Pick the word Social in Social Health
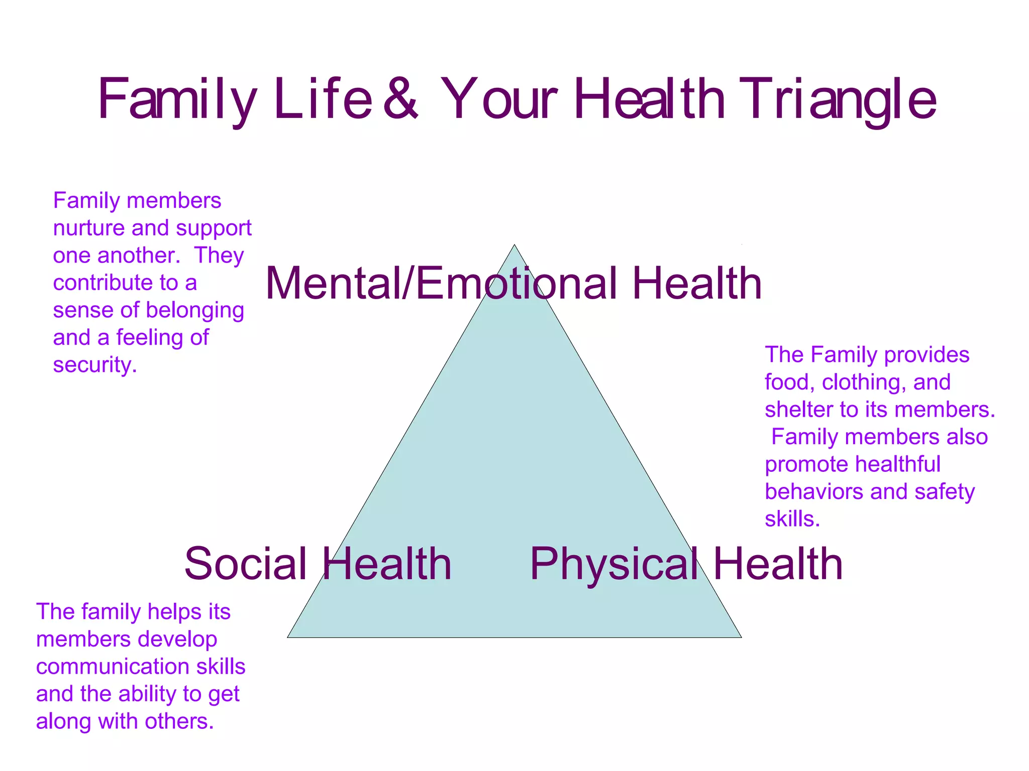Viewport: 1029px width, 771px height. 246,564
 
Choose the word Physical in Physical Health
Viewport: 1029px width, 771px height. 613,565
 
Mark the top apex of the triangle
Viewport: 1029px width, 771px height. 514,245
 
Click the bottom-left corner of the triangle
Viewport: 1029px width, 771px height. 288,637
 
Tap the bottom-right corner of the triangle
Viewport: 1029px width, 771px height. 741,637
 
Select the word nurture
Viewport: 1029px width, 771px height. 89,228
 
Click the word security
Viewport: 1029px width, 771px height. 94,365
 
